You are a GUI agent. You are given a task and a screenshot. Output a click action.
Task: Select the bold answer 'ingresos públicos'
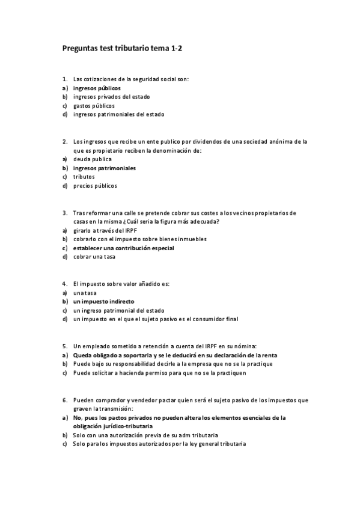point(96,87)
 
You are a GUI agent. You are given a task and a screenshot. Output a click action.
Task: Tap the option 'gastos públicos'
point(94,105)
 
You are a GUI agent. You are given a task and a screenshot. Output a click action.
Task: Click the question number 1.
point(64,78)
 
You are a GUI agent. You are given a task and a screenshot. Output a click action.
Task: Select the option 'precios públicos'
point(95,186)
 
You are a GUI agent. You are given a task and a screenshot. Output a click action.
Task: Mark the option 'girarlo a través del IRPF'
point(106,230)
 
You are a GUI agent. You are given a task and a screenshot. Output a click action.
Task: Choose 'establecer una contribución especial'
point(123,248)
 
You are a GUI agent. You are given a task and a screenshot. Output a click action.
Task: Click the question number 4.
point(64,283)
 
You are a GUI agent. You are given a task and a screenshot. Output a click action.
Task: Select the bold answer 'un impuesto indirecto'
point(103,301)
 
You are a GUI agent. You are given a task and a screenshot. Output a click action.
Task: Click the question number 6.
point(64,399)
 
